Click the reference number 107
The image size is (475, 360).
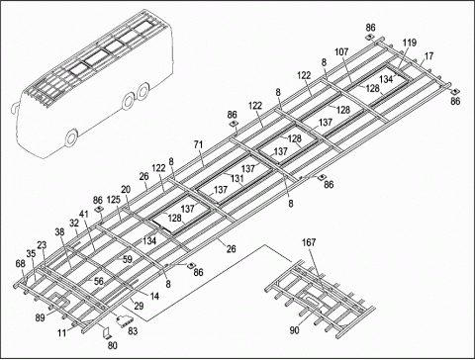coord(341,52)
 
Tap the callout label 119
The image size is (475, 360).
coord(410,44)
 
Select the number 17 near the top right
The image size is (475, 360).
coord(428,56)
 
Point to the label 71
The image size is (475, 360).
coord(199,145)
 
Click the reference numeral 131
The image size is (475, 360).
coord(237,179)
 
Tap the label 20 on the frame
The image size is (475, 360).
coord(126,190)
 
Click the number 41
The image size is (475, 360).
coord(84,214)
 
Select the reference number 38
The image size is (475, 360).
coord(59,232)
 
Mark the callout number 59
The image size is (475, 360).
coord(126,260)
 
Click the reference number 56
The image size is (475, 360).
coord(99,280)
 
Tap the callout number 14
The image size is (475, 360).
coord(154,297)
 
